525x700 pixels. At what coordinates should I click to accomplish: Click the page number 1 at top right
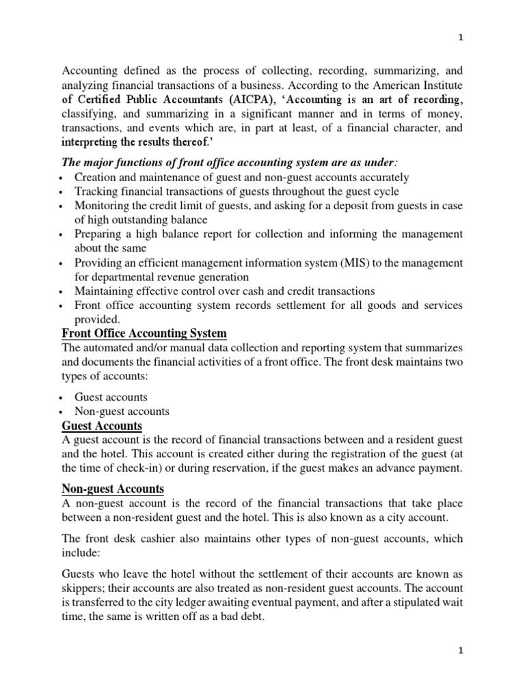[x=460, y=39]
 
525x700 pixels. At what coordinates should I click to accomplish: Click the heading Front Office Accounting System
[x=144, y=333]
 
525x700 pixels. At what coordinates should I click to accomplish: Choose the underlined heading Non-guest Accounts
[x=113, y=488]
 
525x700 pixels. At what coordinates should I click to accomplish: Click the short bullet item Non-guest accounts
[x=122, y=412]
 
